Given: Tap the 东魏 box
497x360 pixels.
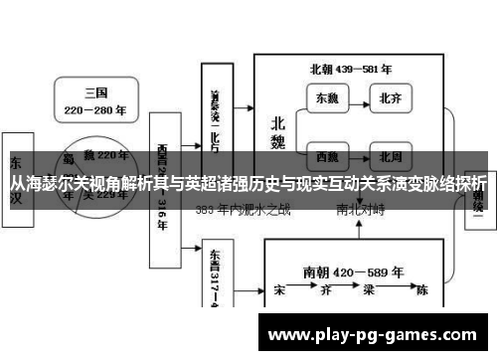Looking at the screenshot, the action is point(327,98).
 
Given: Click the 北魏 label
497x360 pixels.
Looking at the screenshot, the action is point(278,132).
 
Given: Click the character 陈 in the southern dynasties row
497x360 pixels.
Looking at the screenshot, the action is point(421,291).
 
